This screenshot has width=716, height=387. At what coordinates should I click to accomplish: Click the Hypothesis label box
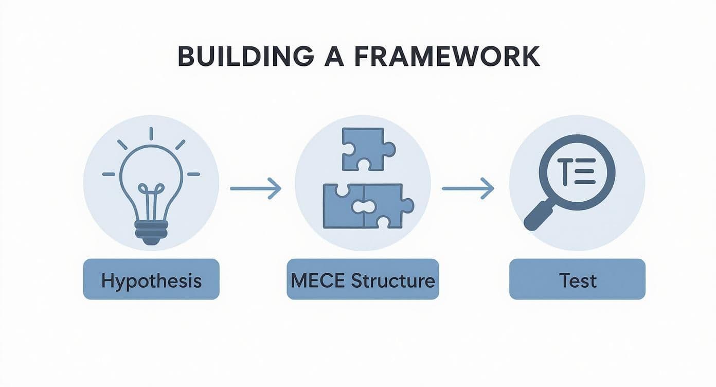(x=151, y=279)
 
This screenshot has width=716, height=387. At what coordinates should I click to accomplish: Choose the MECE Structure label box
(x=363, y=279)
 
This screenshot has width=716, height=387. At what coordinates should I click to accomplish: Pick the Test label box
(x=577, y=279)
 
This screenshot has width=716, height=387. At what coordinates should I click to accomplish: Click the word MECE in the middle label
(x=318, y=281)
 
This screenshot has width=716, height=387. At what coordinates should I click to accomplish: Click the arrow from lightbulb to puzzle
(x=255, y=189)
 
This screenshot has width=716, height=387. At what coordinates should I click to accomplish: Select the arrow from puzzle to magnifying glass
(x=468, y=189)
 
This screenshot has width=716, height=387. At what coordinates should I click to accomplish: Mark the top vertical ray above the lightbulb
(x=151, y=134)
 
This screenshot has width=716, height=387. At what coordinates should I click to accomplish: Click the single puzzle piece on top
(x=367, y=149)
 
